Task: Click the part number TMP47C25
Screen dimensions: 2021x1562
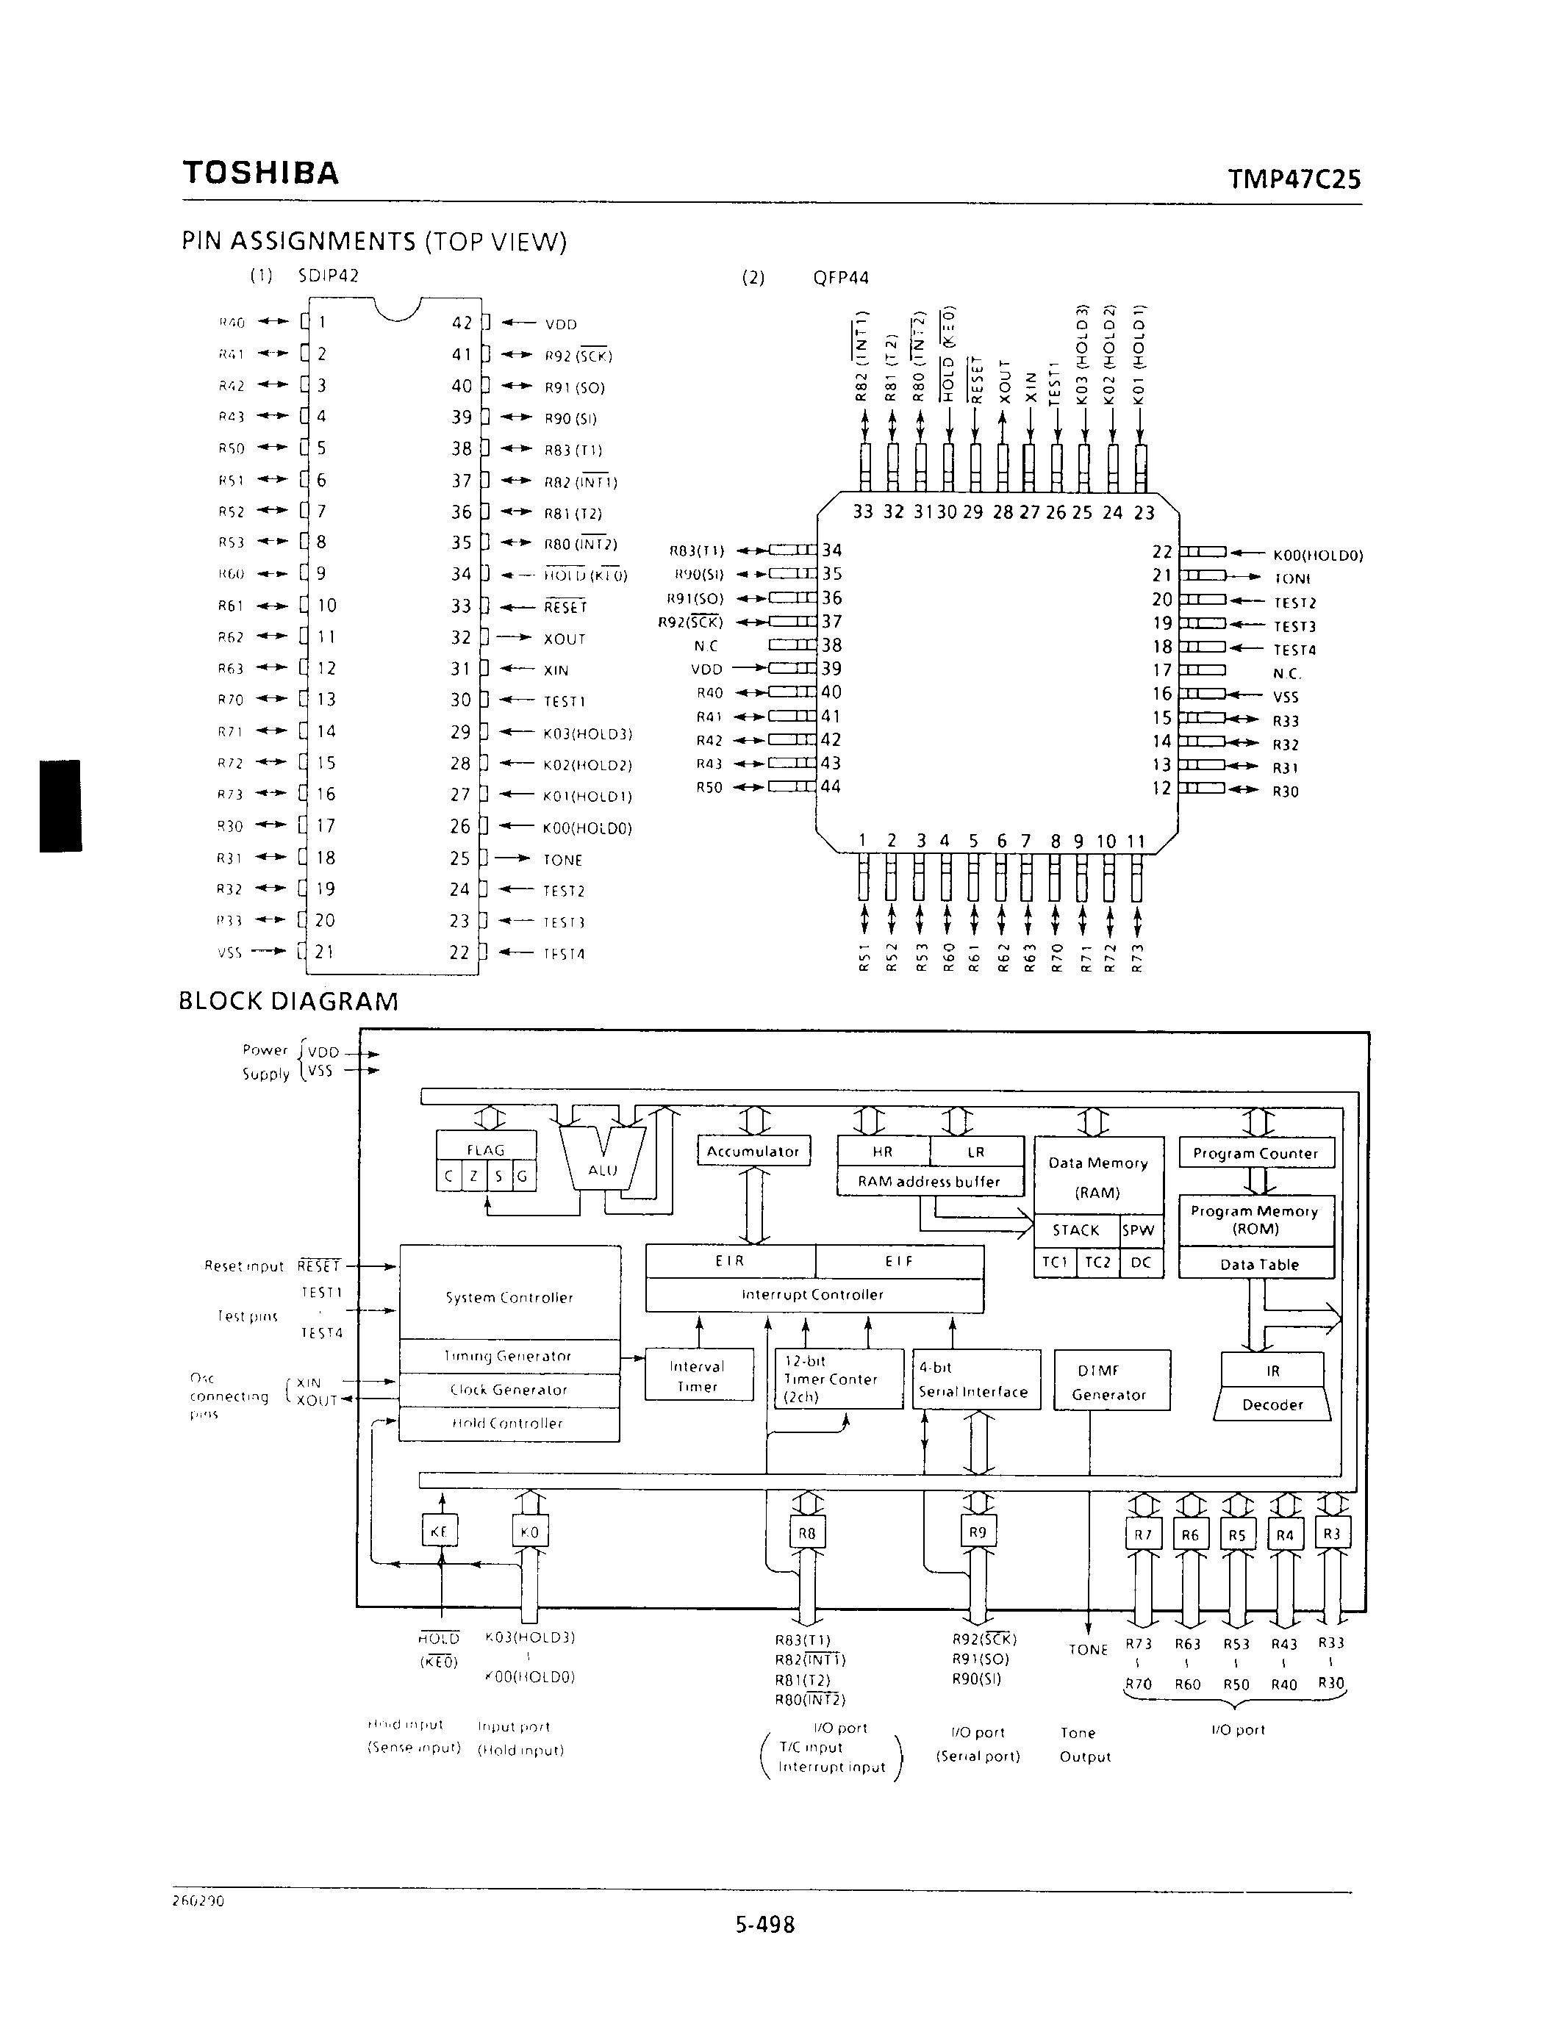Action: (x=1294, y=179)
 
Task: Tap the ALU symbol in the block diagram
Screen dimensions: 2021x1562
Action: (x=603, y=1169)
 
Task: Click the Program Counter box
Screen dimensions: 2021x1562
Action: (x=1255, y=1153)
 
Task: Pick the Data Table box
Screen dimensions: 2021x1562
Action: (x=1258, y=1264)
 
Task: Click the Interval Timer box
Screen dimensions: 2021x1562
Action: (x=697, y=1376)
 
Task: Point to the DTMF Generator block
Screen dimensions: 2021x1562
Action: (x=1111, y=1382)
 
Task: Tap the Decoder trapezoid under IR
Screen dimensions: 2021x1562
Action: (x=1272, y=1404)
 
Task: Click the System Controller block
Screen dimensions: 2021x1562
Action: (x=509, y=1297)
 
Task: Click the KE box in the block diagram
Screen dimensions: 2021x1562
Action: (x=440, y=1532)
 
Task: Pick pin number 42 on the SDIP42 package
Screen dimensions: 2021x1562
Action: (x=462, y=323)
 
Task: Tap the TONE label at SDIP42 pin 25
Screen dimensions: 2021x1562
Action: (x=562, y=860)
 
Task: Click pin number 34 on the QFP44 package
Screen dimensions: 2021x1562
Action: (x=832, y=550)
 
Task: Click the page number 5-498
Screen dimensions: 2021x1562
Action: (x=765, y=1925)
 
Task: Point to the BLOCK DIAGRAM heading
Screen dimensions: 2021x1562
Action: (x=288, y=1001)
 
